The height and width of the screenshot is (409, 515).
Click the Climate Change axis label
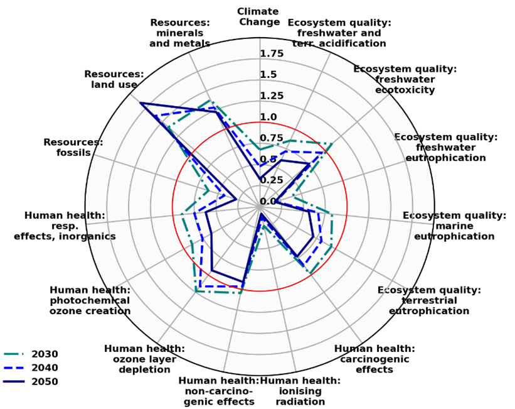click(259, 17)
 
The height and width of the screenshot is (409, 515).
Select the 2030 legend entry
click(45, 354)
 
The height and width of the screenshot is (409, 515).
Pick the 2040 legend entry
click(45, 368)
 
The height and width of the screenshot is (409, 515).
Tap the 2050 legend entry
click(45, 381)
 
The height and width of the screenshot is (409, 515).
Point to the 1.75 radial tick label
click(272, 54)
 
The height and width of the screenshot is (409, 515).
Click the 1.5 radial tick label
click(268, 75)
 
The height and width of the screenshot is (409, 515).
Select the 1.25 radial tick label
click(272, 96)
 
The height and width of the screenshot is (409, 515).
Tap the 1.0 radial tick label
click(268, 117)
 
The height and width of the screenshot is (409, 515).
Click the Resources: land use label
click(114, 80)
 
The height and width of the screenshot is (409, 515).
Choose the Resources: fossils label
click(73, 148)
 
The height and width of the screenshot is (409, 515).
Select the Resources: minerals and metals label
click(179, 33)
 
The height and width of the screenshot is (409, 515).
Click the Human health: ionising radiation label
click(300, 391)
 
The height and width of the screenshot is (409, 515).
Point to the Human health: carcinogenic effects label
click(374, 359)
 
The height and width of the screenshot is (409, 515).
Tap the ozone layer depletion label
click(144, 359)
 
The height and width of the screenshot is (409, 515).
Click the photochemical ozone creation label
click(90, 300)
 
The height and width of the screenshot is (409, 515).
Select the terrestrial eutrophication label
click(428, 300)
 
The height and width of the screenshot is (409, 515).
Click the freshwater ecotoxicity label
click(405, 79)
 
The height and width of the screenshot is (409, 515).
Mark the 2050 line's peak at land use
click(141, 102)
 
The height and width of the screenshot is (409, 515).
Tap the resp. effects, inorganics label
click(65, 226)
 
